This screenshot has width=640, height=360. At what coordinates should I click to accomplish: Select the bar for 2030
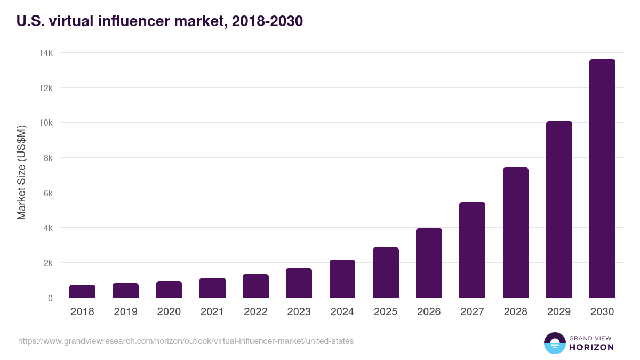coord(602,179)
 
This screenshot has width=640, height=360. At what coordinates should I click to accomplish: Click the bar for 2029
coord(559,210)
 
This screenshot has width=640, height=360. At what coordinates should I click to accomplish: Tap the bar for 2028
coord(516,233)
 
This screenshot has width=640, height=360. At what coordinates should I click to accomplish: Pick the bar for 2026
coord(429,263)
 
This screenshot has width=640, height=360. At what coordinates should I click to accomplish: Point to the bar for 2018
coord(82,291)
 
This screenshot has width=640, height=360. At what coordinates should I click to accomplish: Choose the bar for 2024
coord(342,279)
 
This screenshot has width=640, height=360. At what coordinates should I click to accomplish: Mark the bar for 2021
coord(212,288)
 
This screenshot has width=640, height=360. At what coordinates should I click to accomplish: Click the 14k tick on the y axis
coord(46,53)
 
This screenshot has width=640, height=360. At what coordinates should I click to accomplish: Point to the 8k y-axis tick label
coord(47,158)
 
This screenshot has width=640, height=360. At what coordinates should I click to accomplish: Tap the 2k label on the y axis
coord(47,263)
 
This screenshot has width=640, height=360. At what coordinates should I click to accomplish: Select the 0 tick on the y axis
coord(50,298)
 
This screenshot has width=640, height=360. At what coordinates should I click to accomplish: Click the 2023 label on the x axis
coord(299,312)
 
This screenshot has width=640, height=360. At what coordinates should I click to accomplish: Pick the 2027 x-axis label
coord(472,312)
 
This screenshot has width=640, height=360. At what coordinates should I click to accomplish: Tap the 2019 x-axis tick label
coord(125,312)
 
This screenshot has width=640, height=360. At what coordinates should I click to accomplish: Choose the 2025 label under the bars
coord(386,312)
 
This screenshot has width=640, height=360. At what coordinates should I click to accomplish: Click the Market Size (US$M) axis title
coord(21,172)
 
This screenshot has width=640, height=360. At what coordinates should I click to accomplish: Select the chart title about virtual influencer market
coord(160,21)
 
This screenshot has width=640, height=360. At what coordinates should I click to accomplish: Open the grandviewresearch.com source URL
coord(186,341)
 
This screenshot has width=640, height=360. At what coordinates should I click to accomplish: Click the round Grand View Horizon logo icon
coord(555,343)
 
